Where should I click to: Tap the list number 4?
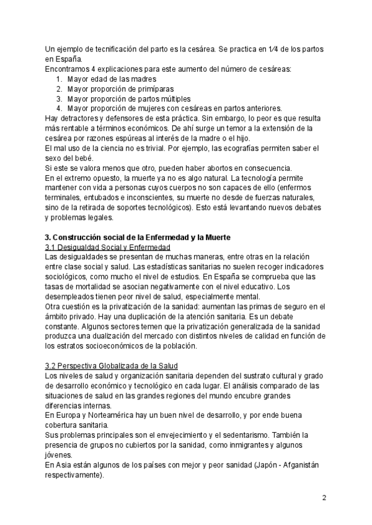[59, 108]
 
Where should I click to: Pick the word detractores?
[79, 118]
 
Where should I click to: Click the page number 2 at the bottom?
[324, 498]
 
